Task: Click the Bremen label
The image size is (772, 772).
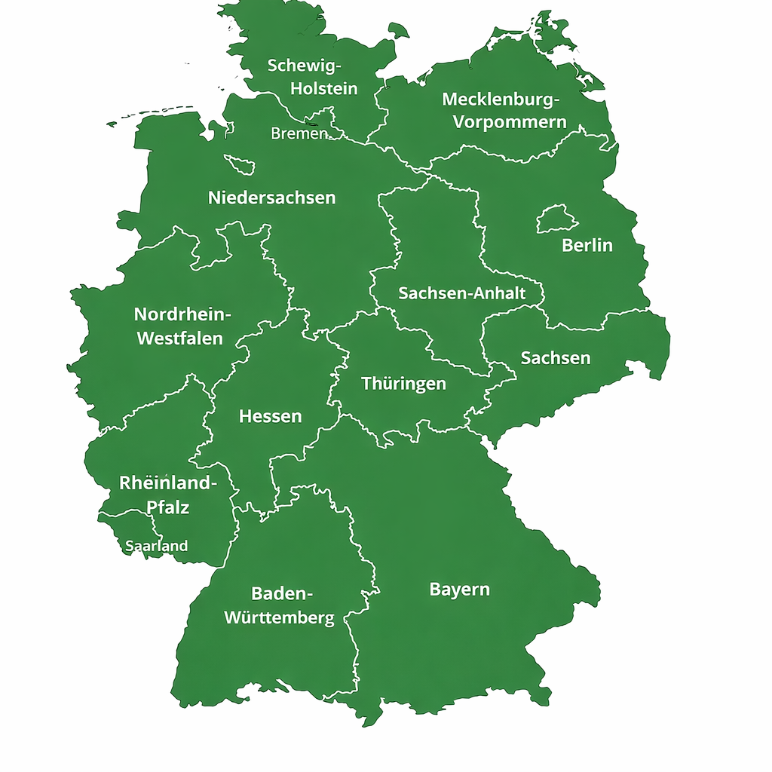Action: (299, 133)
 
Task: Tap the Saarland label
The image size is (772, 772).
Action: (157, 546)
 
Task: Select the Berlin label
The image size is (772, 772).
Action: (587, 245)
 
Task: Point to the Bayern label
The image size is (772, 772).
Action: (459, 590)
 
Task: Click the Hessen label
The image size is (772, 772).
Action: (270, 416)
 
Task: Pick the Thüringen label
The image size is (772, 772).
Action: (403, 384)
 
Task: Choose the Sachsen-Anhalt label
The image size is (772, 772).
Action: (461, 293)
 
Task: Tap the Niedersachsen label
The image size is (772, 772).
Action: (271, 198)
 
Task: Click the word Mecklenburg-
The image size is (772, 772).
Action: (501, 100)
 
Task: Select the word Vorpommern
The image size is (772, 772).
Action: (509, 121)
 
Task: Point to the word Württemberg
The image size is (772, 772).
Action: (279, 618)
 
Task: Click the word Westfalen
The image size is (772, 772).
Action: (179, 339)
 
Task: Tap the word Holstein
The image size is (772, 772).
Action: (324, 88)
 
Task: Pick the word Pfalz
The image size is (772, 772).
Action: (167, 507)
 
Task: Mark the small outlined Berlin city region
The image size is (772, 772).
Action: (557, 219)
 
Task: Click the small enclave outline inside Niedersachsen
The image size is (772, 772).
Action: (240, 164)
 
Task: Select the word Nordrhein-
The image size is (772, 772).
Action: (184, 314)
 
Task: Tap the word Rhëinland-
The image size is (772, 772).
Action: (167, 483)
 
